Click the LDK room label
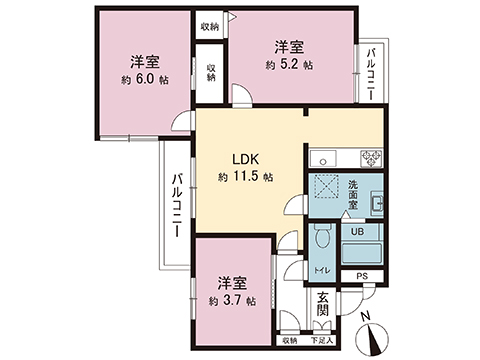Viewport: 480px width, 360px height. coord(247,158)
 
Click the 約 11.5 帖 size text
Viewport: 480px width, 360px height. coord(246,177)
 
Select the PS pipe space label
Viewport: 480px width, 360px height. coord(362,275)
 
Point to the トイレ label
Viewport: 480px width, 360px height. coord(322,270)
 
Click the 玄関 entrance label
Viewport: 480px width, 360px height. coord(323,303)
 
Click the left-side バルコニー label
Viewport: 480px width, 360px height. coord(177,204)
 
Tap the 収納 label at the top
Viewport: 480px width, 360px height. coord(209,26)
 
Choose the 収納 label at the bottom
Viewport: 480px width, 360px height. coord(289,341)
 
